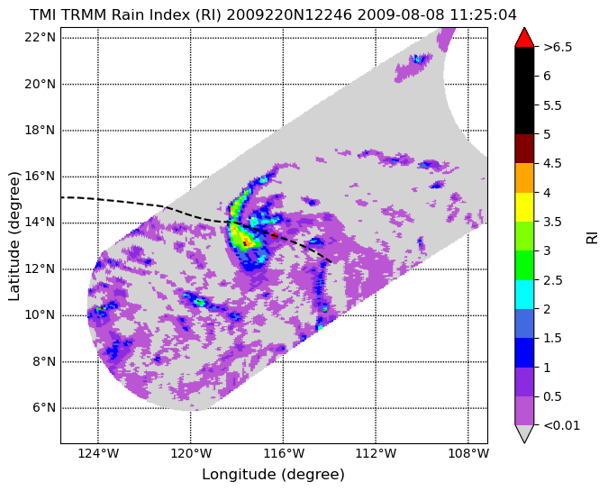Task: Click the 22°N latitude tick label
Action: pyautogui.click(x=40, y=38)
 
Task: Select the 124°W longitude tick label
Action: pyautogui.click(x=98, y=453)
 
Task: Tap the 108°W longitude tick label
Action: pyautogui.click(x=468, y=453)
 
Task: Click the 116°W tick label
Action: pyautogui.click(x=283, y=453)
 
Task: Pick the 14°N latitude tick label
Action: pyautogui.click(x=40, y=223)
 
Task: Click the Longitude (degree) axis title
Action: pyautogui.click(x=273, y=474)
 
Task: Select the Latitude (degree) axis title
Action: pyautogui.click(x=14, y=236)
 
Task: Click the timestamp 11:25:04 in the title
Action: pyautogui.click(x=483, y=15)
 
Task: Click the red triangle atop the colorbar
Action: pyautogui.click(x=524, y=38)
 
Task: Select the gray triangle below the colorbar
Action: pyautogui.click(x=524, y=433)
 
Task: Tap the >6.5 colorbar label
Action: pyautogui.click(x=558, y=47)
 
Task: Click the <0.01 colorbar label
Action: pyautogui.click(x=562, y=425)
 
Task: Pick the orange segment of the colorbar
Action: pyautogui.click(x=524, y=178)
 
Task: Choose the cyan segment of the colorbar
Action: pyautogui.click(x=524, y=295)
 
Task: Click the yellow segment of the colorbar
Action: pyautogui.click(x=524, y=207)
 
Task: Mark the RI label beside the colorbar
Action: pyautogui.click(x=592, y=236)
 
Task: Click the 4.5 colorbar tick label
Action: pyautogui.click(x=552, y=163)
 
